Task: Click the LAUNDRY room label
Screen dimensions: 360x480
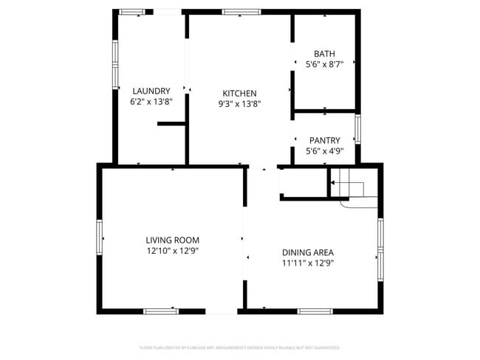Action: tap(151, 91)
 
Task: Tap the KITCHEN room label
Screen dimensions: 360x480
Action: tap(239, 94)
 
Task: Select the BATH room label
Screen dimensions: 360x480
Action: tap(324, 54)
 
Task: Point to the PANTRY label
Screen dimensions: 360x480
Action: tap(324, 140)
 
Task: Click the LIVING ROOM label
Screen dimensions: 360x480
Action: tap(172, 240)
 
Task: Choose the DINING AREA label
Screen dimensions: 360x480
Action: tap(308, 252)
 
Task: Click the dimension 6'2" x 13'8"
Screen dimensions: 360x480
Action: tap(151, 102)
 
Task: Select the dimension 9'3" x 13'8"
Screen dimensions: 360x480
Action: tap(239, 104)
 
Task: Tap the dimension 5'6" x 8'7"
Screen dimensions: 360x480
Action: tap(324, 65)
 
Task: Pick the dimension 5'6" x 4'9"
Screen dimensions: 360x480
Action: tap(324, 151)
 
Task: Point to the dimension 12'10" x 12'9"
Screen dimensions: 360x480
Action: tap(172, 251)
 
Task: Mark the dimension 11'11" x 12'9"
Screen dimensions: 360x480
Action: tap(308, 263)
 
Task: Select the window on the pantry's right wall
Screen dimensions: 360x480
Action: tap(358, 130)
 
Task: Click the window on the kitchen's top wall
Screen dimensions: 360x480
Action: tap(241, 12)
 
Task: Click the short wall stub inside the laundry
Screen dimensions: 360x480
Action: tap(171, 124)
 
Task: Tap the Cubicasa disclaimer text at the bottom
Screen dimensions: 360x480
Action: tap(240, 347)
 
